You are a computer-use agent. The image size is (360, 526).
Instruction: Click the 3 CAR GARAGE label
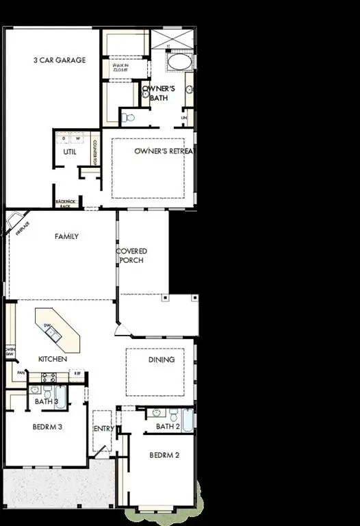click(x=60, y=60)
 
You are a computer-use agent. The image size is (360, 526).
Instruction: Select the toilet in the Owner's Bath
click(x=127, y=117)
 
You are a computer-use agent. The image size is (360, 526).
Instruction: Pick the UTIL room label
click(x=69, y=151)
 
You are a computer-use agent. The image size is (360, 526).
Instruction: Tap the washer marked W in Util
click(x=78, y=138)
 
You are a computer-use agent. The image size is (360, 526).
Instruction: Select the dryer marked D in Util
click(x=64, y=138)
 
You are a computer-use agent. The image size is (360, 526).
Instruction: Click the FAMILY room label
click(x=66, y=236)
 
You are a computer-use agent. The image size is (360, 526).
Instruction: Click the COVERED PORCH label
click(x=133, y=255)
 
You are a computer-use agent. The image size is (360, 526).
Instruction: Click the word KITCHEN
click(x=52, y=359)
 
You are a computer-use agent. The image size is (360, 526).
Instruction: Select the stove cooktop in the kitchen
click(x=48, y=377)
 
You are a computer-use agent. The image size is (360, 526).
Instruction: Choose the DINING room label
click(x=162, y=359)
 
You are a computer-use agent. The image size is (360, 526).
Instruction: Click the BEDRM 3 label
click(x=47, y=426)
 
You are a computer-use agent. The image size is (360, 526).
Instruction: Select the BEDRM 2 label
click(x=164, y=455)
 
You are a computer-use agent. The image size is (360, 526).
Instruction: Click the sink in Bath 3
click(x=35, y=390)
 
